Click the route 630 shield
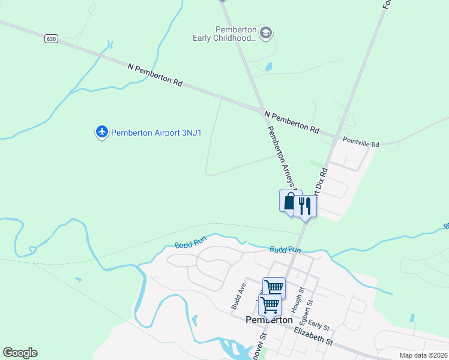52,38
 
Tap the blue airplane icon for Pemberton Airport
102,131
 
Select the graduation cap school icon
267,32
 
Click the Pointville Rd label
361,145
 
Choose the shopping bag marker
289,201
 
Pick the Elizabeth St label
313,337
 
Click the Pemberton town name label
270,320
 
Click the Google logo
20,353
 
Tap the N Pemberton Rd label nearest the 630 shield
155,75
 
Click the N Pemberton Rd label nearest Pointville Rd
292,120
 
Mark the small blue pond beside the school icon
268,67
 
